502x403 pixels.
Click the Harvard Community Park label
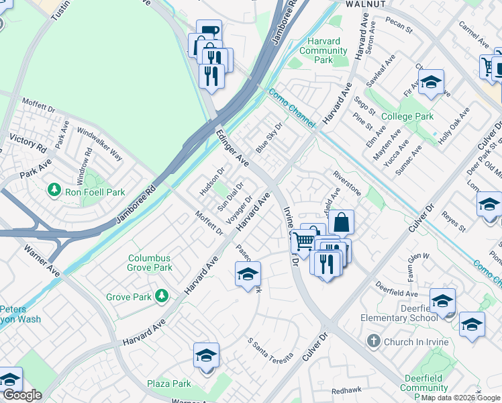pyautogui.click(x=323, y=50)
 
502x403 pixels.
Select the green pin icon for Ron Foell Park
pyautogui.click(x=54, y=191)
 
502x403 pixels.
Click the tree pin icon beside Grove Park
pyautogui.click(x=161, y=296)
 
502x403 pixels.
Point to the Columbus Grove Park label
pyautogui.click(x=150, y=263)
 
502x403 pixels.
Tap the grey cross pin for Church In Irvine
pyautogui.click(x=373, y=342)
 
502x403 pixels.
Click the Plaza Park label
pyautogui.click(x=169, y=384)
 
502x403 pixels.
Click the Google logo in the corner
pyautogui.click(x=22, y=396)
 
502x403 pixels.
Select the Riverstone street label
pyautogui.click(x=347, y=184)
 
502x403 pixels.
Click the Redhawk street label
pyautogui.click(x=346, y=390)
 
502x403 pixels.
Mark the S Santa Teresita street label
pyautogui.click(x=270, y=350)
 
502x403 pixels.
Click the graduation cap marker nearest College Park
pyautogui.click(x=431, y=83)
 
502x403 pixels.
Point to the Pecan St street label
pyautogui.click(x=399, y=26)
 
